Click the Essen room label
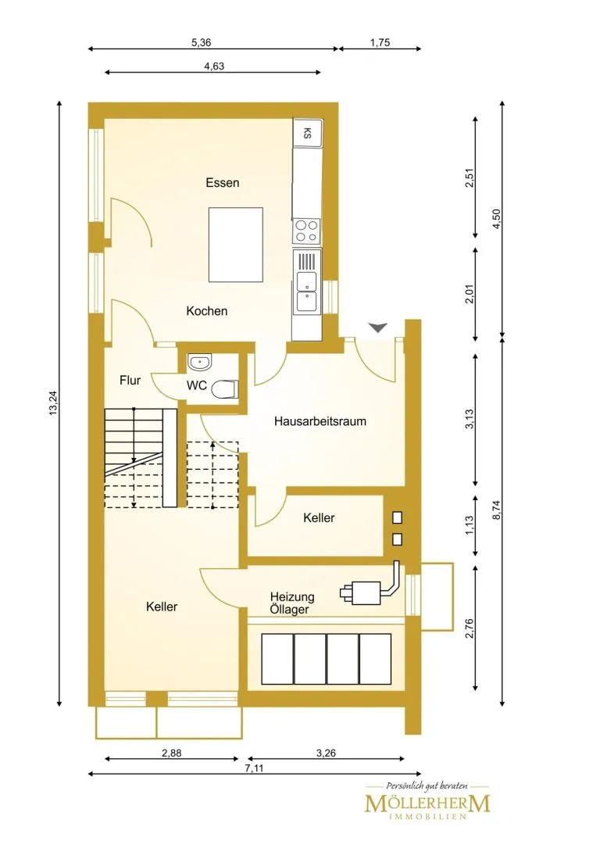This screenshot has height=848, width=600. pos(222,183)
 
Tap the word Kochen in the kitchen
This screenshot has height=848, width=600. pos(206,311)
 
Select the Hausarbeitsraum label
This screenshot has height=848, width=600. pos(320,421)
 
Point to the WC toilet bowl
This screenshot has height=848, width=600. pos(224,389)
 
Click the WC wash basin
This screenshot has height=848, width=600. pos(200,362)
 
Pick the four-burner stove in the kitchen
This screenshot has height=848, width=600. pos(306,231)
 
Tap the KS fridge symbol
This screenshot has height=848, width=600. pos(308,133)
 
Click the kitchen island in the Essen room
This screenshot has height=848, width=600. pos(236,245)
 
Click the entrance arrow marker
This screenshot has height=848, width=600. pos(378,327)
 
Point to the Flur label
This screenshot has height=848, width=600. pos(130,380)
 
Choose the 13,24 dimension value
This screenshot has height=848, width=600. pos(53,403)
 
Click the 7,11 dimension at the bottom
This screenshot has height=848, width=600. pos(254,768)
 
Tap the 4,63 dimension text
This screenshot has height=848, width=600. pos(214,66)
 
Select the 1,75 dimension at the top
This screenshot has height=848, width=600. pos(380,43)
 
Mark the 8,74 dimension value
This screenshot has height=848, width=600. pos(497,510)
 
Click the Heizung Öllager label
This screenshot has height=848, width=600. pos(292,603)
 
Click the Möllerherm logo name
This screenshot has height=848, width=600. pos(427,803)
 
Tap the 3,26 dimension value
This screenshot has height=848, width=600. pos(326,753)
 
